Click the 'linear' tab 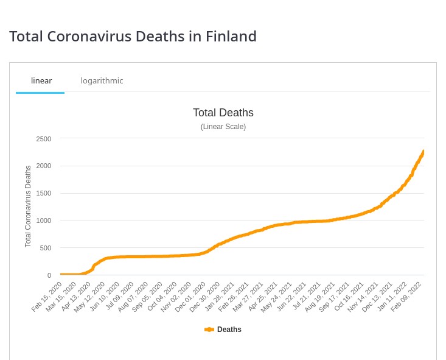pyautogui.click(x=41, y=80)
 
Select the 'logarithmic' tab pyautogui.click(x=102, y=80)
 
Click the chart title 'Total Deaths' pyautogui.click(x=223, y=113)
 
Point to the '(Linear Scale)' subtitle pyautogui.click(x=223, y=127)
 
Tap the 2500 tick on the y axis pyautogui.click(x=43, y=139)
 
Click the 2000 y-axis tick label pyautogui.click(x=43, y=166)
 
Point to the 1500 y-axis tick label pyautogui.click(x=43, y=193)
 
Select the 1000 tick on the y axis pyautogui.click(x=43, y=221)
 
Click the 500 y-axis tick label pyautogui.click(x=45, y=248)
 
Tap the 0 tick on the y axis pyautogui.click(x=49, y=275)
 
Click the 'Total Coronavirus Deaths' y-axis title pyautogui.click(x=28, y=206)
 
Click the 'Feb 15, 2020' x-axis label pyautogui.click(x=47, y=296)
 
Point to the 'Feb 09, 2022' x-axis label pyautogui.click(x=407, y=296)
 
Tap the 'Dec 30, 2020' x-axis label pyautogui.click(x=206, y=296)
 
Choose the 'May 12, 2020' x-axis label pyautogui.click(x=90, y=296)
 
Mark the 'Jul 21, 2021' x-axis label pyautogui.click(x=306, y=296)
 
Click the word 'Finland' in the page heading pyautogui.click(x=229, y=37)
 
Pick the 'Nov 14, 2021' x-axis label pyautogui.click(x=364, y=296)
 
